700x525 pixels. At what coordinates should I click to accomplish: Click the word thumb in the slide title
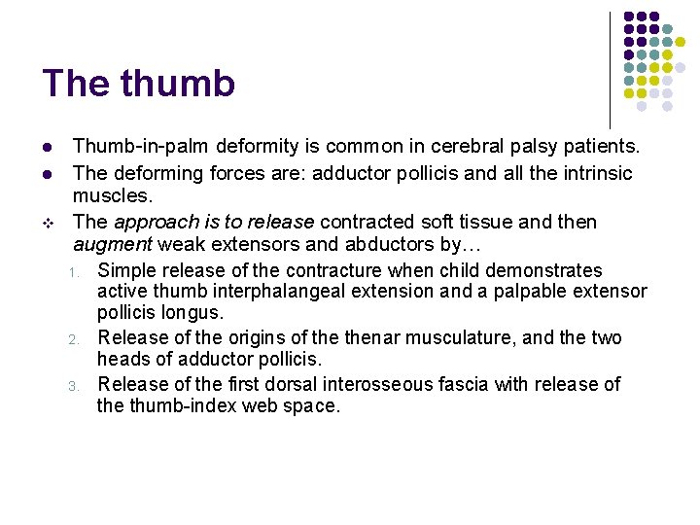[178, 84]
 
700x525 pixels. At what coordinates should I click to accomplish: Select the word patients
[597, 147]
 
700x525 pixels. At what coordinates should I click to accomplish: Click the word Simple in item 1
[127, 270]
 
